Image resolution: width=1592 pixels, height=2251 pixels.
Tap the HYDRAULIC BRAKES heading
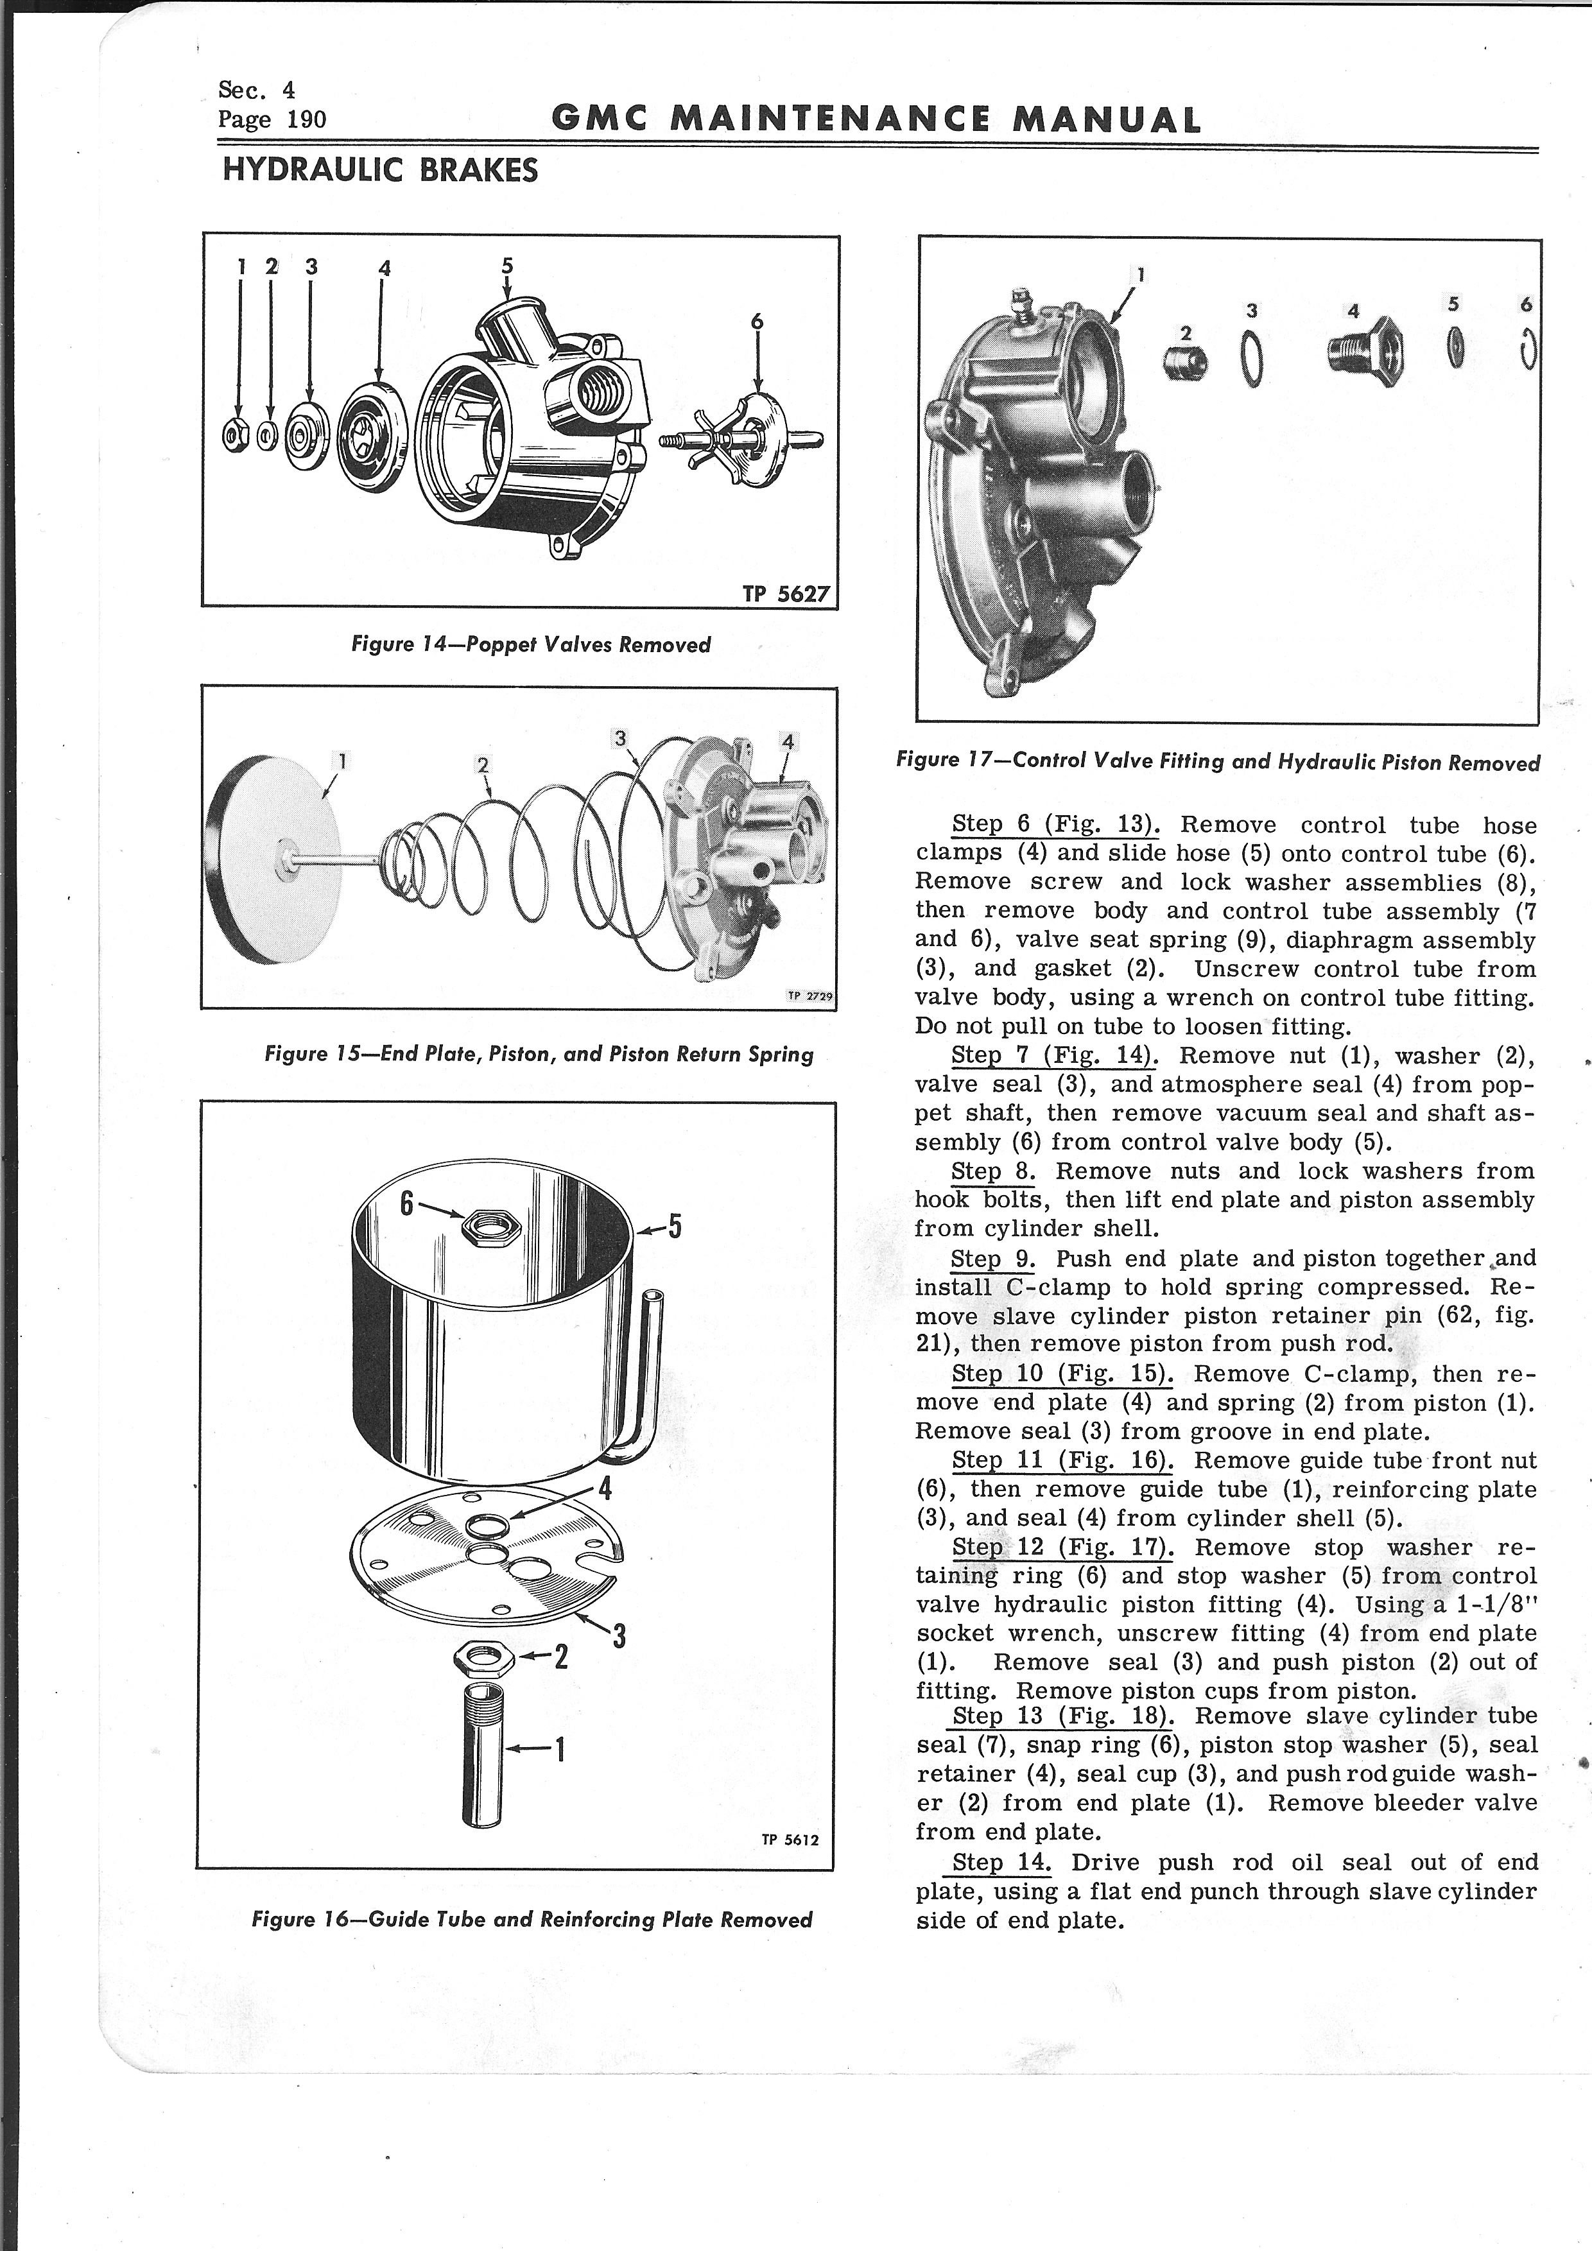tap(381, 171)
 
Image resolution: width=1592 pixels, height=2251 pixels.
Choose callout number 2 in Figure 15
tap(481, 764)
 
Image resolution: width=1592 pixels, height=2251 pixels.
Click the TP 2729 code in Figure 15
tap(809, 996)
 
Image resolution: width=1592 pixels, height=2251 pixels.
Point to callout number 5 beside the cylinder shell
tap(675, 1227)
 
